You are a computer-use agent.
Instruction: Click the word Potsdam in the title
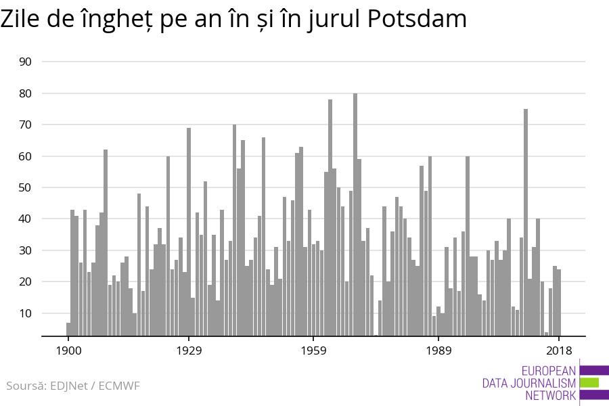click(x=418, y=20)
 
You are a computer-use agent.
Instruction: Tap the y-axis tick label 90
click(x=45, y=62)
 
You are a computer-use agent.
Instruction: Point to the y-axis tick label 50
click(x=45, y=187)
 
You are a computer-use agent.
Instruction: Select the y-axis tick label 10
click(x=45, y=313)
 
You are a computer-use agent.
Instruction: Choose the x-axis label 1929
click(x=189, y=351)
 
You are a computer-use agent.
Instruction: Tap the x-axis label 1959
click(x=313, y=351)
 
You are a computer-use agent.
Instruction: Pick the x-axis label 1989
click(x=438, y=351)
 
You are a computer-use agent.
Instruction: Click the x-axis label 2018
click(x=559, y=351)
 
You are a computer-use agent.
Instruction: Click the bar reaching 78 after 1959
click(x=330, y=217)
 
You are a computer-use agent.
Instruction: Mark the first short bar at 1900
click(x=68, y=329)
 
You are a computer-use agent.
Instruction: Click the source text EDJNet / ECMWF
click(x=72, y=386)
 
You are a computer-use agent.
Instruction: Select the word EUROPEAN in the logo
click(x=549, y=371)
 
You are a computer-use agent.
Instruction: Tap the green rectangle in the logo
click(x=589, y=383)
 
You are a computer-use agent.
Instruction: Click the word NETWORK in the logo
click(x=550, y=396)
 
